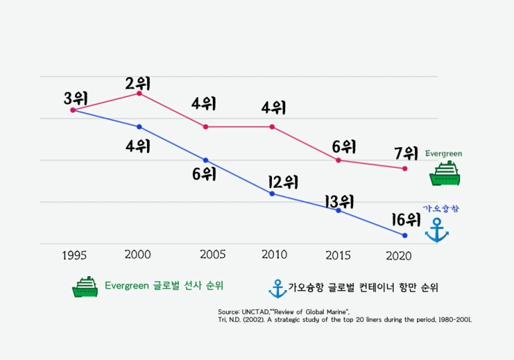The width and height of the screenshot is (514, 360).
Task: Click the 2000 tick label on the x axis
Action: pos(138,255)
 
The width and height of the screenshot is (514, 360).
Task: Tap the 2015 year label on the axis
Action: pos(338,256)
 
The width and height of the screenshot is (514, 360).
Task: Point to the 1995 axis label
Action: pos(74,256)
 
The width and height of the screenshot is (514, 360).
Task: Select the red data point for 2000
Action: pos(139,93)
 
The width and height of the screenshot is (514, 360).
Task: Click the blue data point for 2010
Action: pos(272,194)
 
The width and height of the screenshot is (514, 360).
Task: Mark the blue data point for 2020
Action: pos(405,236)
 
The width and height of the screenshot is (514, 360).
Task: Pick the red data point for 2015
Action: pos(338,160)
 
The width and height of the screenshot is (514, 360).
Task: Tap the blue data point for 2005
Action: pos(205,160)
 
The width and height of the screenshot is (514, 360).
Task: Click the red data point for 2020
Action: pos(405,168)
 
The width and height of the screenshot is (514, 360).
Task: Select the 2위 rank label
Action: pos(138,83)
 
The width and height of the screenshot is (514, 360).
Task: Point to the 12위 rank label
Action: pos(282,182)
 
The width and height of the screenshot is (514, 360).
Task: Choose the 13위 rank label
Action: pos(339,201)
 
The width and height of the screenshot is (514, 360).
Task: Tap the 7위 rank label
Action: pos(406,153)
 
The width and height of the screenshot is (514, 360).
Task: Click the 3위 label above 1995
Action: pos(76,98)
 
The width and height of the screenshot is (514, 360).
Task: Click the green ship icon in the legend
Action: pos(85,287)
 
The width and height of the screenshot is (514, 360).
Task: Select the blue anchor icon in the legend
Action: pos(277,288)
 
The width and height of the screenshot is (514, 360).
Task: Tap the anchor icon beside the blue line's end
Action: pos(437,230)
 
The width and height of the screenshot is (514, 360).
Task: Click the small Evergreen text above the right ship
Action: pos(444,154)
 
